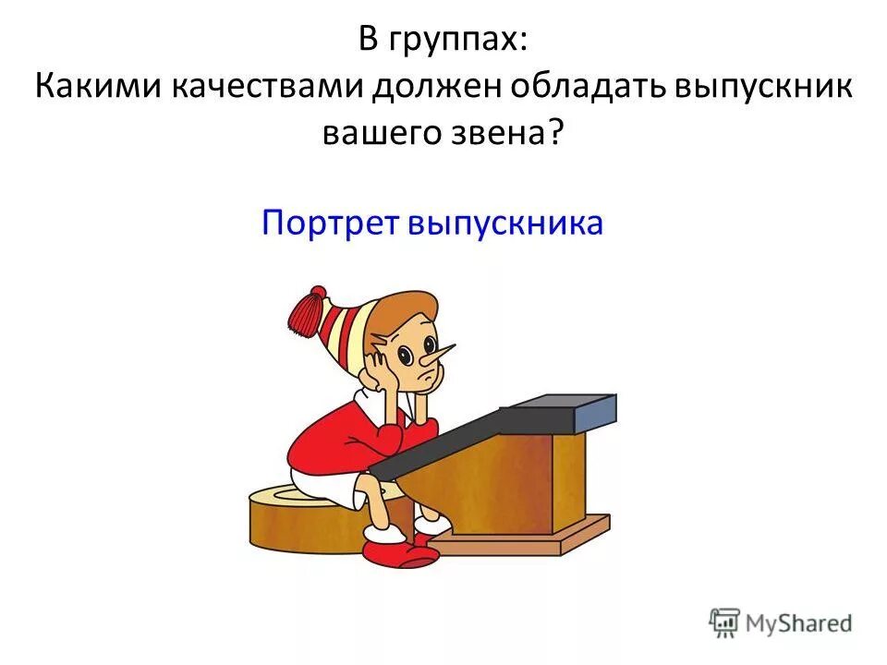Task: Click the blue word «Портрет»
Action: [328, 223]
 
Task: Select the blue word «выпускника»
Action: [504, 223]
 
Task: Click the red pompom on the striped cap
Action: [309, 310]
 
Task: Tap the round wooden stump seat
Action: [277, 522]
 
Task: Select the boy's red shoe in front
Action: [397, 551]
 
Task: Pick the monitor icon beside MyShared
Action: [725, 622]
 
